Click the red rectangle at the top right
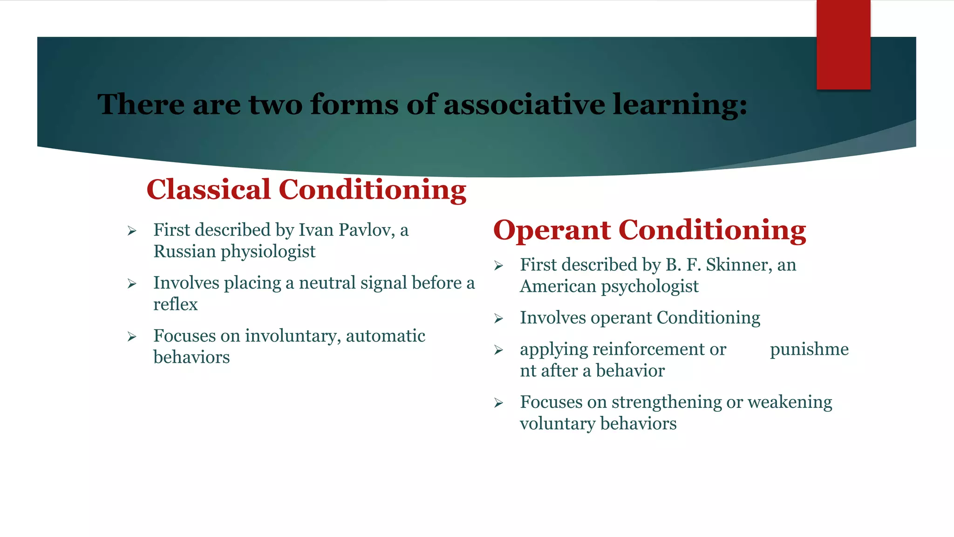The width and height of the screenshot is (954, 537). [843, 44]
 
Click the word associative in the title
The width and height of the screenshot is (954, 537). [525, 104]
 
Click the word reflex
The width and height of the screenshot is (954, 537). [176, 304]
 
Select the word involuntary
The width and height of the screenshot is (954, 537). [293, 336]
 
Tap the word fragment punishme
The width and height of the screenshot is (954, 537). [809, 349]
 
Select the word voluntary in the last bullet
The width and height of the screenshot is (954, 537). [558, 424]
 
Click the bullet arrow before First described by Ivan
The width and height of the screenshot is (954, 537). [132, 231]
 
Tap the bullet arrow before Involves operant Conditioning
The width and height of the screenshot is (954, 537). [498, 319]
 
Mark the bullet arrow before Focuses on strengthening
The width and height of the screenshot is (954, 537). [498, 403]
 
